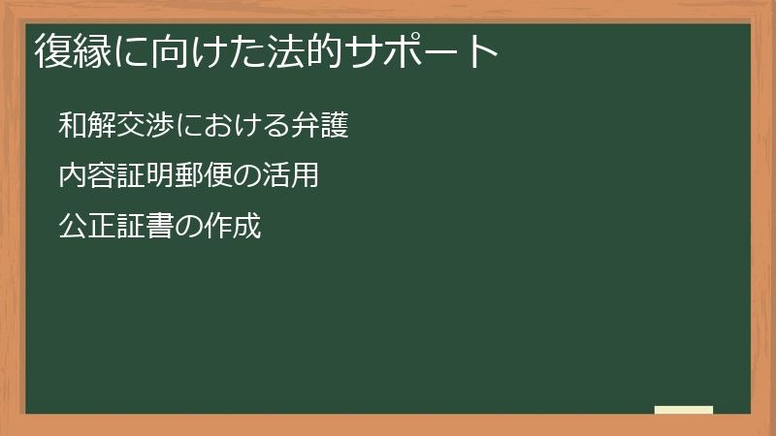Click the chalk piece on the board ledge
(x=684, y=410)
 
